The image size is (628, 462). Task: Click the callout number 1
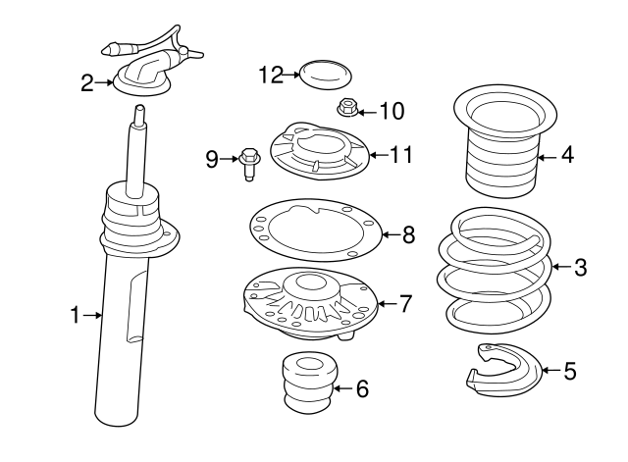[x=75, y=315]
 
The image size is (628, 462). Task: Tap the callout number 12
[x=271, y=73]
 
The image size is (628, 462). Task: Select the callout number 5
[x=570, y=371]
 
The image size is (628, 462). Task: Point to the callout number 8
[x=408, y=234]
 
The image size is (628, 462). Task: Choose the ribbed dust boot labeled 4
[x=501, y=157]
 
